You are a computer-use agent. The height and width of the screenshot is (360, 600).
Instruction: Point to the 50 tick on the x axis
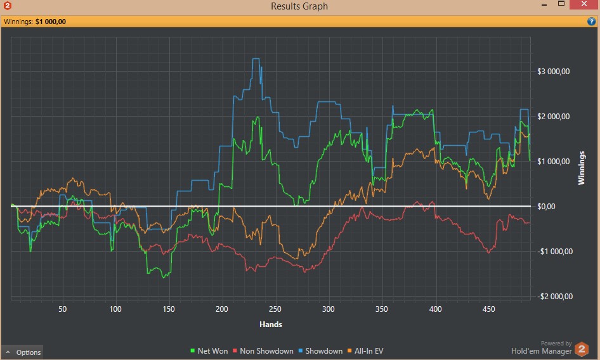[62, 310]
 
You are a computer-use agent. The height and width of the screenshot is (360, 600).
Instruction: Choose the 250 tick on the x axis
[275, 310]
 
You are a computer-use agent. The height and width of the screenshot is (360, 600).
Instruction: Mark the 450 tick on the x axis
[488, 310]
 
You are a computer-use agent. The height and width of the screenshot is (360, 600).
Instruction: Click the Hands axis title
[271, 325]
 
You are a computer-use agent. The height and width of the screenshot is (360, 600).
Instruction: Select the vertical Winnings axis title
[582, 167]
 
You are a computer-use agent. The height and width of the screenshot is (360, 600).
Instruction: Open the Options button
[23, 352]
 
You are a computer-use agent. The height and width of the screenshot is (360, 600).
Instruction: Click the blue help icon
[591, 22]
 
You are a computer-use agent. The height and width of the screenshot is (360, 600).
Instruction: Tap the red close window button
[583, 5]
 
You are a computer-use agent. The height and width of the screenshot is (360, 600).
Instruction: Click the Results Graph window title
[299, 6]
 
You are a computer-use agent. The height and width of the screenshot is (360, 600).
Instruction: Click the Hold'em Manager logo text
[542, 350]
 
